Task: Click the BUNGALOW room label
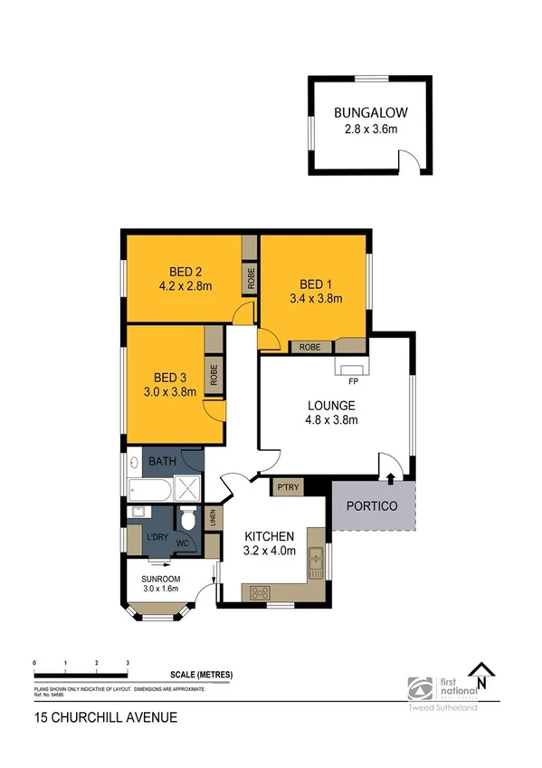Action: (370, 113)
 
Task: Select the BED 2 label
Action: (185, 271)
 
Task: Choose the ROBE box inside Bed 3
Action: (214, 375)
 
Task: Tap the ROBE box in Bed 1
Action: (309, 346)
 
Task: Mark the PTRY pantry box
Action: (289, 487)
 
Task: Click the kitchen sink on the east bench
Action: (316, 565)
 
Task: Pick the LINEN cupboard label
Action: (213, 519)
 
